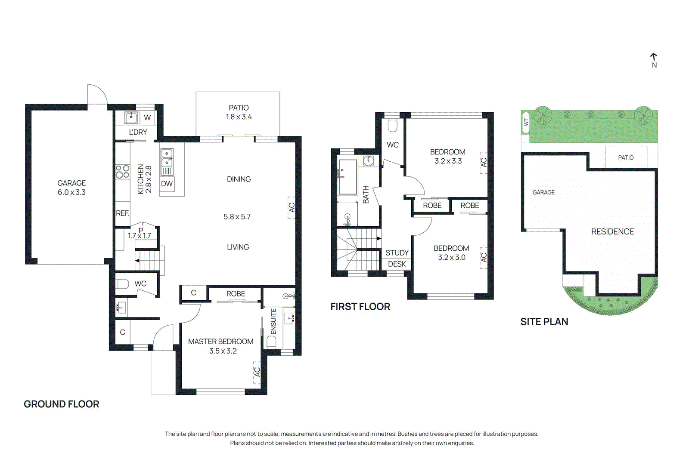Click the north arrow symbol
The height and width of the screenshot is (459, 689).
654,57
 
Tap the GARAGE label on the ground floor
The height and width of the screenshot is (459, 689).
71,183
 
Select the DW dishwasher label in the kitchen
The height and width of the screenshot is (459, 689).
167,184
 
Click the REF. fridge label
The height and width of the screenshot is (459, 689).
122,213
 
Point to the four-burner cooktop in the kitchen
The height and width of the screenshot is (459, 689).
122,171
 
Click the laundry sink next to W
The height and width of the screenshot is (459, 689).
131,117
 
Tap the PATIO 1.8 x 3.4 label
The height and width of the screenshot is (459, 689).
239,112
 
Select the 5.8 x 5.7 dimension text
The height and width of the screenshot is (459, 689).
237,217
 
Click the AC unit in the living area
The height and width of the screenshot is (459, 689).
292,207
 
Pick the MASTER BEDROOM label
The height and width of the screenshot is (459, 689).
220,342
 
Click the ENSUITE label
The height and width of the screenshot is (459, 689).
273,321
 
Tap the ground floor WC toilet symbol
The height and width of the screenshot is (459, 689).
122,284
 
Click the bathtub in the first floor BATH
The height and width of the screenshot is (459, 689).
348,177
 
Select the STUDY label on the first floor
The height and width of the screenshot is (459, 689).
397,253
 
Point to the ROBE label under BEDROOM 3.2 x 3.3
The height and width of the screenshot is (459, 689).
432,206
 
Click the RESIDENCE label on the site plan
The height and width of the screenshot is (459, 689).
612,232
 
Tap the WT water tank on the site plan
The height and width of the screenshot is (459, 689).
525,123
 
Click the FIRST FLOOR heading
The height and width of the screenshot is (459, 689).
360,307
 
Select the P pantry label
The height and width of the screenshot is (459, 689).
141,231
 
